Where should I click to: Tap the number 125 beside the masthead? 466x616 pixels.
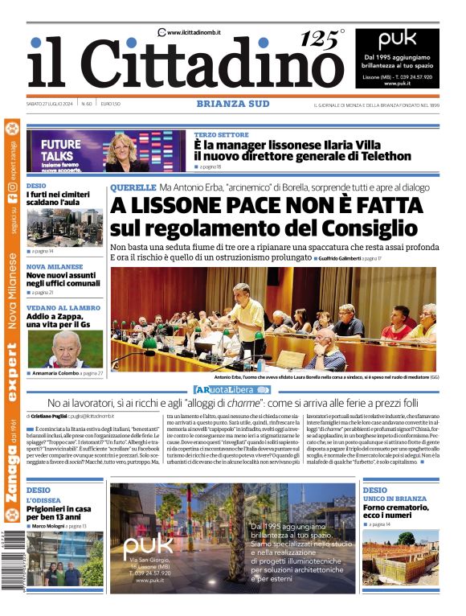(319, 39)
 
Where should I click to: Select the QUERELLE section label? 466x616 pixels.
(133, 187)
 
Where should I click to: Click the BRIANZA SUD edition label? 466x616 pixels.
(232, 104)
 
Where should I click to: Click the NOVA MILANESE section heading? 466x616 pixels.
(54, 266)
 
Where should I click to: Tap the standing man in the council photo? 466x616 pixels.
(246, 317)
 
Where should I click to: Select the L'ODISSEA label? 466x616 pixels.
(41, 499)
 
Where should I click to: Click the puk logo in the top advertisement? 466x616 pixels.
(398, 39)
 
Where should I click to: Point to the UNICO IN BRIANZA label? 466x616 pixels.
(393, 499)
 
